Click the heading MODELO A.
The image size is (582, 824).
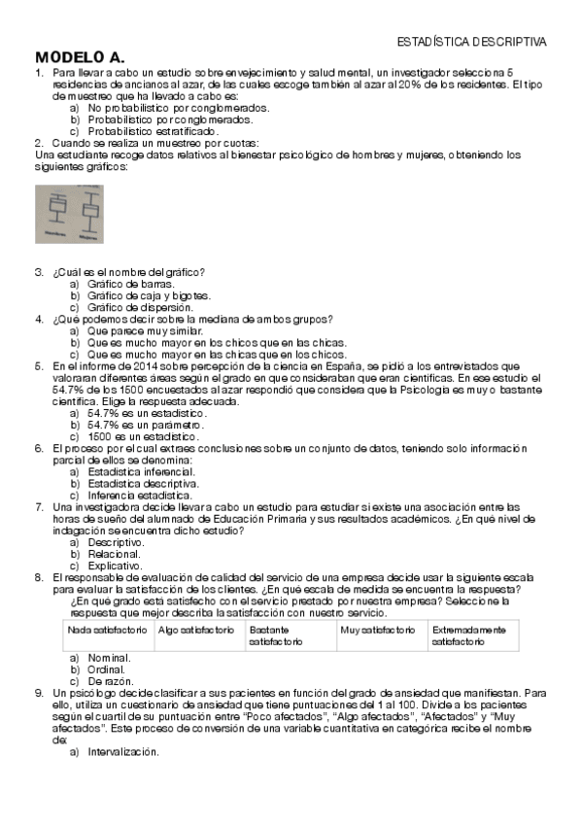tap(79, 57)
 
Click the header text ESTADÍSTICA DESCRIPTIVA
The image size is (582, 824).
tap(472, 42)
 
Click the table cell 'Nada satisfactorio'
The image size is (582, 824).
tap(106, 631)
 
